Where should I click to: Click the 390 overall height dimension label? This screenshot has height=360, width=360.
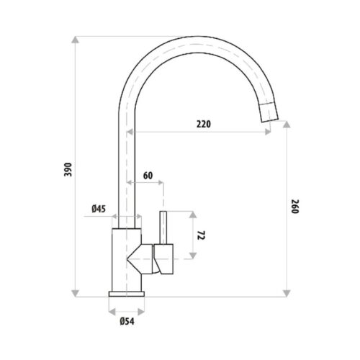[68, 169]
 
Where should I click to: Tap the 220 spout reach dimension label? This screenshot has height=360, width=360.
[204, 124]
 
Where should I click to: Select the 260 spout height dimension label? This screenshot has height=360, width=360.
[295, 207]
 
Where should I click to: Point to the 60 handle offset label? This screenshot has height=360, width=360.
[148, 176]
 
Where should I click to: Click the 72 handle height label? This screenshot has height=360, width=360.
[201, 235]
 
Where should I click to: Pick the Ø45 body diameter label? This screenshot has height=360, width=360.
[99, 209]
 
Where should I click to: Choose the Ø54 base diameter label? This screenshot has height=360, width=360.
[127, 321]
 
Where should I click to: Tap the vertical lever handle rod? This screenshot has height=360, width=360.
[163, 228]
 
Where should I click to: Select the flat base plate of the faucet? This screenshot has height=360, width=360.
[127, 294]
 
